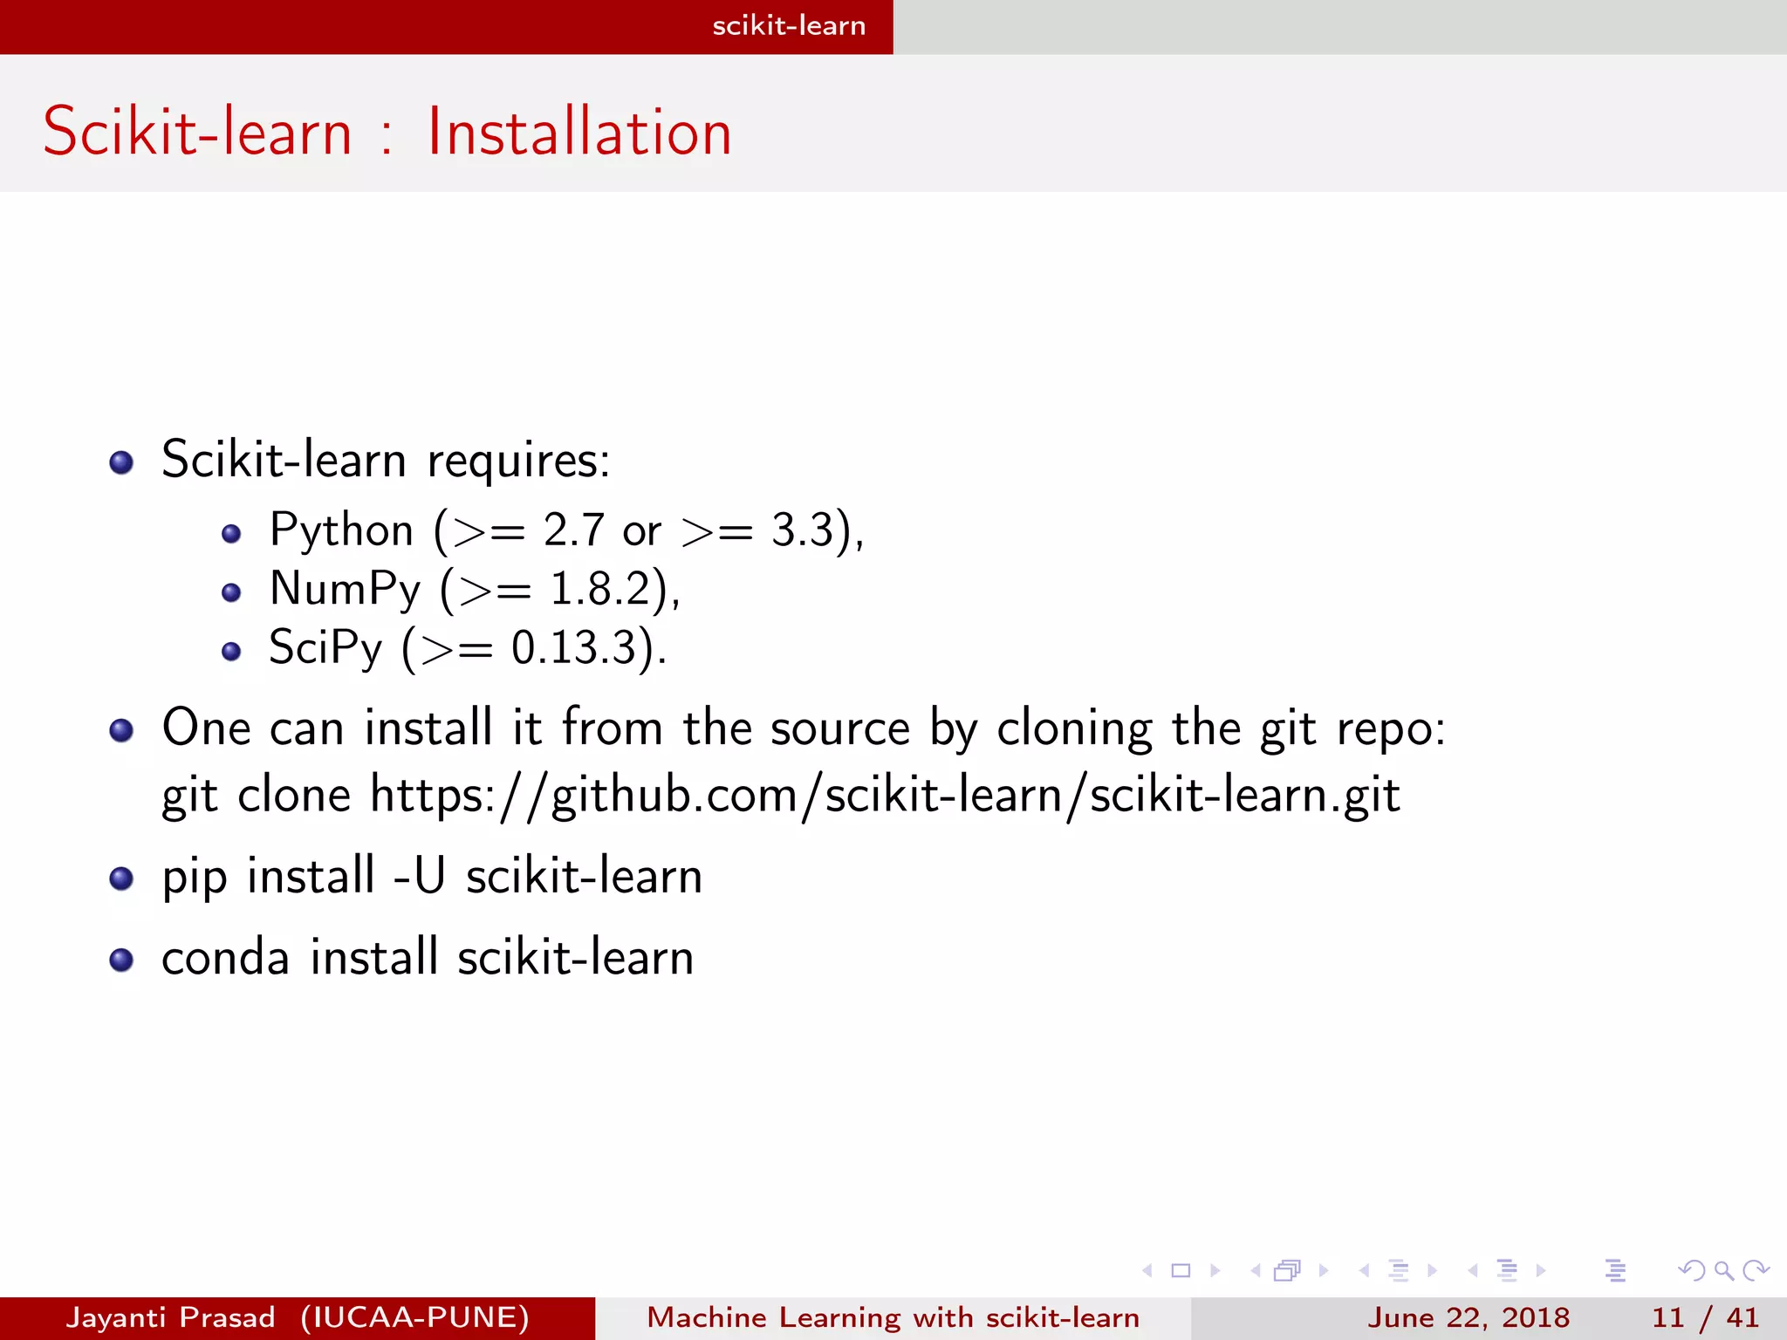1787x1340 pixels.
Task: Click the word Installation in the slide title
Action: (579, 133)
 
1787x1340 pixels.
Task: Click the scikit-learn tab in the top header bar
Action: (789, 26)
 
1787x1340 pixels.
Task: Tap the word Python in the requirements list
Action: (341, 530)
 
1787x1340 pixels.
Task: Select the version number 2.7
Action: (573, 530)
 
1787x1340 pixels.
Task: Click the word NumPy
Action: (346, 589)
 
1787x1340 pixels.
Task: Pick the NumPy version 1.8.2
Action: (601, 589)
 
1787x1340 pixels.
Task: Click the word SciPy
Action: (325, 648)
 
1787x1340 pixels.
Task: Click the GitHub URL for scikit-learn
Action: (885, 796)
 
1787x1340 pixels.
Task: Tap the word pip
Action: (194, 878)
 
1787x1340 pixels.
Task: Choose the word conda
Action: (225, 958)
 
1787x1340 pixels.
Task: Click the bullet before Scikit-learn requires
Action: (121, 462)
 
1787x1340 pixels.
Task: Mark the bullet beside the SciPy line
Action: (231, 651)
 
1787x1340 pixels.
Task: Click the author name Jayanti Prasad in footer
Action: (171, 1317)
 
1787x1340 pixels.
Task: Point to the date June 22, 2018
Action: (1469, 1317)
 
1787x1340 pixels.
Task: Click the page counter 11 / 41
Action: (1705, 1317)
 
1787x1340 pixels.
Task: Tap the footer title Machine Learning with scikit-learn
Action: (893, 1317)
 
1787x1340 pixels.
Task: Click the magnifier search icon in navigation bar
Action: (1723, 1270)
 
